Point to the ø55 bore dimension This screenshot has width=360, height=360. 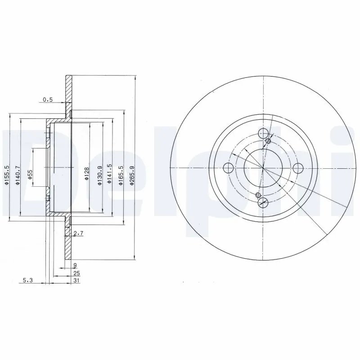tap(30, 174)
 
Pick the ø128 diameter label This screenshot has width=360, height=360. tap(87, 172)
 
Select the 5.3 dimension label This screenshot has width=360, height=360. tap(28, 280)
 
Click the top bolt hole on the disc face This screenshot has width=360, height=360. tap(264, 133)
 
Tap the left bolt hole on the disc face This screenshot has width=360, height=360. tap(228, 168)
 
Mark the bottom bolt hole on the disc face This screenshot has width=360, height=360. tap(264, 203)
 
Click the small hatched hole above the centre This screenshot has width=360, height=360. tap(269, 142)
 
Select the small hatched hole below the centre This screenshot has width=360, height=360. tap(258, 195)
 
